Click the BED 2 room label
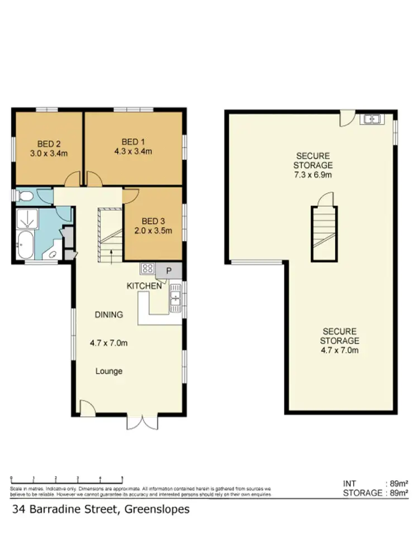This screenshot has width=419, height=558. pos(49,142)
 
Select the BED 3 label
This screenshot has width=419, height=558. pos(153,220)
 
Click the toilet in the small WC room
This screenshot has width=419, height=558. pos(24,196)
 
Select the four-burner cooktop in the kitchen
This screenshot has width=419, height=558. pos(147,268)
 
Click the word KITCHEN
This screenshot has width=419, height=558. pos(144,286)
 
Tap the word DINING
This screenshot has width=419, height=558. pos(108,314)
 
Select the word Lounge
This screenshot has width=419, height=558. pos(108,371)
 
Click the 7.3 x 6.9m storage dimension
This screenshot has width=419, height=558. pos(313,175)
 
